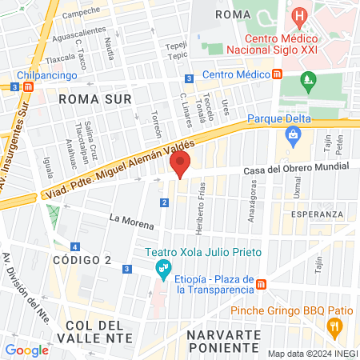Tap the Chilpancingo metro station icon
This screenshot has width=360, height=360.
(29, 86)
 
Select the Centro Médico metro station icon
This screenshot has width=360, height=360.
(277, 74)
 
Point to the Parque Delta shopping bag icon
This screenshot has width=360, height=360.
(294, 134)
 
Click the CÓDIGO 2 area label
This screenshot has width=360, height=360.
(82, 261)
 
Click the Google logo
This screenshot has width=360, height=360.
(26, 350)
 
